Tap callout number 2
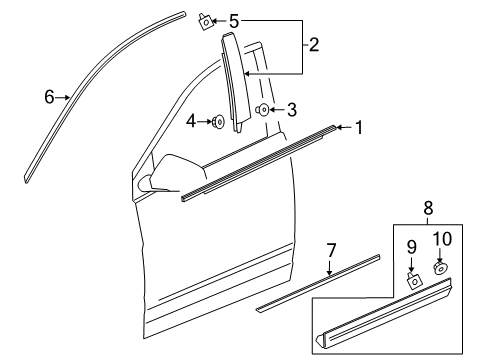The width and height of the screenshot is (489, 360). coord(314,45)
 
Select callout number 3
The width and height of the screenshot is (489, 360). coord(292,109)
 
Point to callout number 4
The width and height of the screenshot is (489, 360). coord(192,122)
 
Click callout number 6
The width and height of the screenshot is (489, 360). coord(48,97)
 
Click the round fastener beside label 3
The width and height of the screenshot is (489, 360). coord(263,110)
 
